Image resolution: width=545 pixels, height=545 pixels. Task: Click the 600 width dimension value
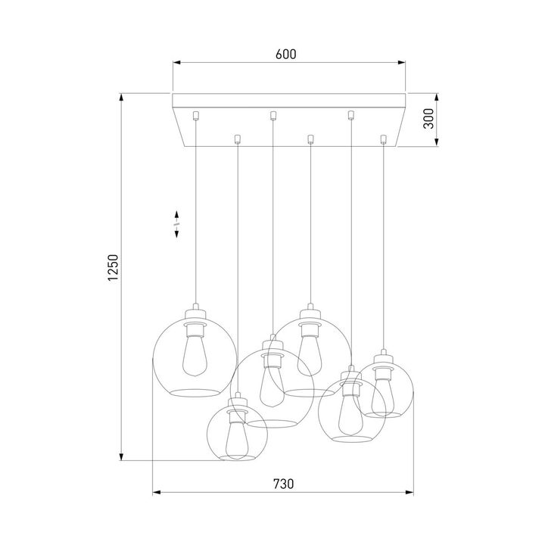[x=285, y=54]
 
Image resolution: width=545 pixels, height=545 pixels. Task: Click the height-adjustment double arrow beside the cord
[x=176, y=225]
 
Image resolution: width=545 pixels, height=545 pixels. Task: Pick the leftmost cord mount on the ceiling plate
[x=196, y=114]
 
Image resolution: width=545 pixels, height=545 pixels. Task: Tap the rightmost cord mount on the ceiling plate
[x=384, y=139]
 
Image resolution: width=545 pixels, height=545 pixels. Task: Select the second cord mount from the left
[x=238, y=139]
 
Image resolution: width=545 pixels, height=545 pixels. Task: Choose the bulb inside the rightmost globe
[x=384, y=391]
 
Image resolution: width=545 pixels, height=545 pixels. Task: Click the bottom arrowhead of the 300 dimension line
[x=437, y=147]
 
